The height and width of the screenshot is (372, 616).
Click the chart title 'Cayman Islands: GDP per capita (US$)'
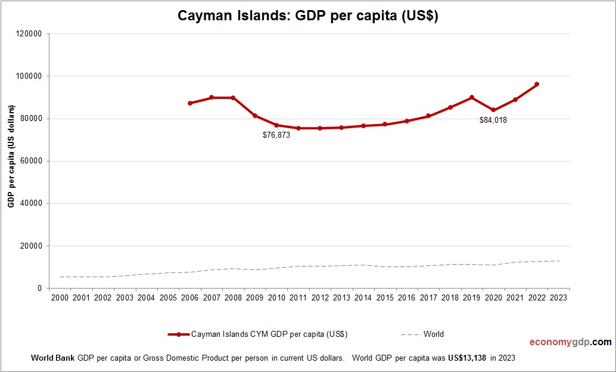click(308, 16)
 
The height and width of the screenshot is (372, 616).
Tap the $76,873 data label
click(276, 135)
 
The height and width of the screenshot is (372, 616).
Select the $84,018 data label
click(493, 120)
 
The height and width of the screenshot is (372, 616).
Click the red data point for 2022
click(537, 84)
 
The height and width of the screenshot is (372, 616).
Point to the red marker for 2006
click(190, 103)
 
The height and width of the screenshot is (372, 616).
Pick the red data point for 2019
click(472, 97)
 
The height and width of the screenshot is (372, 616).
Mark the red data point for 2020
click(493, 110)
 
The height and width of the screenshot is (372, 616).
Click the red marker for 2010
click(276, 125)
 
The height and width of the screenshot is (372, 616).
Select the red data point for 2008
click(233, 98)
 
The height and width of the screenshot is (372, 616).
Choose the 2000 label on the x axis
click(60, 297)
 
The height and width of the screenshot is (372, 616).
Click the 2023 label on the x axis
click(558, 297)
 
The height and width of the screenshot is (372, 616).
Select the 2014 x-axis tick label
click(363, 297)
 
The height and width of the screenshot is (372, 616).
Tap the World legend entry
click(433, 334)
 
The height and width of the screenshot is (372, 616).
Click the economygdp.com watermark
click(570, 342)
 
